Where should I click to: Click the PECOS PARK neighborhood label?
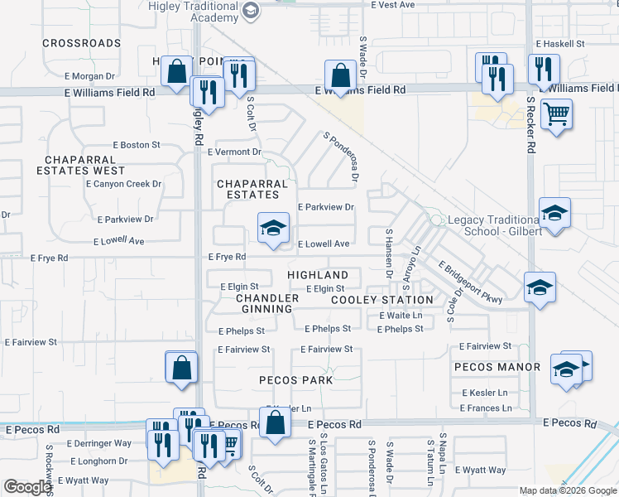pyautogui.click(x=295, y=380)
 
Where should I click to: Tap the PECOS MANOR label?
pyautogui.click(x=497, y=366)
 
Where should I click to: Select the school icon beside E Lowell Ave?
pyautogui.click(x=272, y=228)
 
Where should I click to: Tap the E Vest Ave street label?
pyautogui.click(x=392, y=5)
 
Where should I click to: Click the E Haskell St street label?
pyautogui.click(x=560, y=43)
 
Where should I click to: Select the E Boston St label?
pyautogui.click(x=136, y=145)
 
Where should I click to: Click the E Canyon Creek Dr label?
pyautogui.click(x=123, y=184)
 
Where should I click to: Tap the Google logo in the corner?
pyautogui.click(x=27, y=487)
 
